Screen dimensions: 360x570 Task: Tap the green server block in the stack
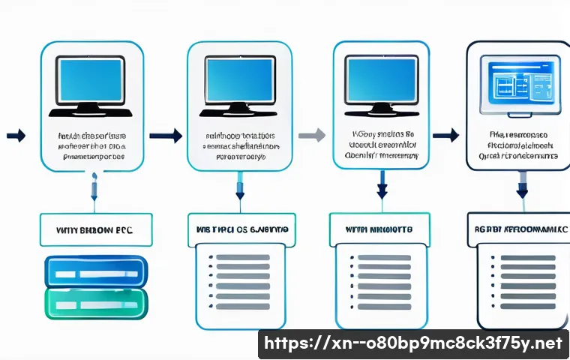96,304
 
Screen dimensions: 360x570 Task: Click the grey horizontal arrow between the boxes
312,135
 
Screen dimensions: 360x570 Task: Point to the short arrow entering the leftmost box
16,136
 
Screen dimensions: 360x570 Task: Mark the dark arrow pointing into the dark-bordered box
446,135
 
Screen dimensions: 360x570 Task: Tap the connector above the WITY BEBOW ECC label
94,187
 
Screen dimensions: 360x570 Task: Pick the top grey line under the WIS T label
242,257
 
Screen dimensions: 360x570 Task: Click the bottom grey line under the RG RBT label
527,307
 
